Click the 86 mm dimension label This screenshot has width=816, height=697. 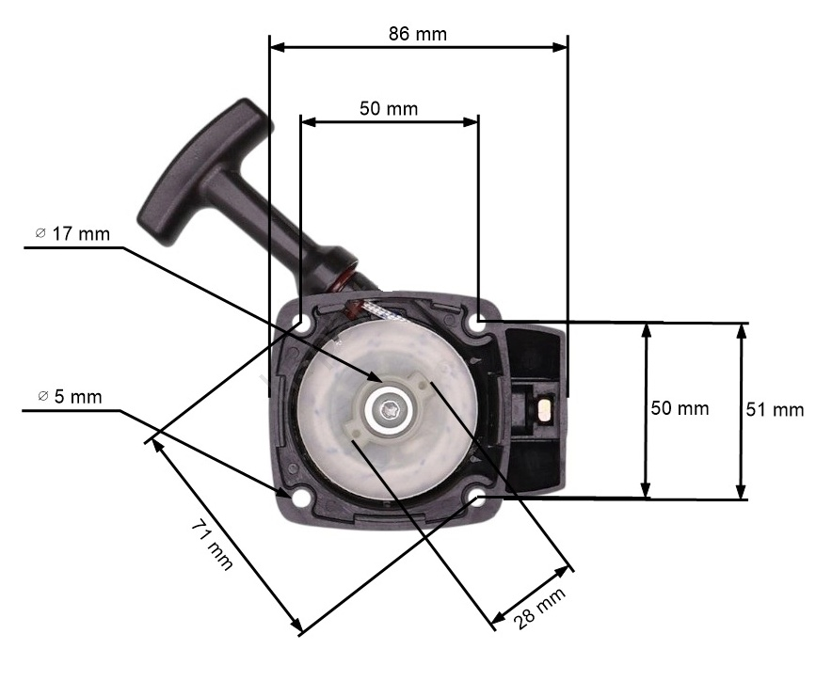point(417,34)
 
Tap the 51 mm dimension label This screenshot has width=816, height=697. point(775,410)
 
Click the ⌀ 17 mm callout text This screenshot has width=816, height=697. point(72,234)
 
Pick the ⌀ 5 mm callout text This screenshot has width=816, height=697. point(70,397)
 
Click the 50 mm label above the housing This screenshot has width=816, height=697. point(389,109)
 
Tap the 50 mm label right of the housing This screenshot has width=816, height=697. point(680,409)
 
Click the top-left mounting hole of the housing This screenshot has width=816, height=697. point(301,322)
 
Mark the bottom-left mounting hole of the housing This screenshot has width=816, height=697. point(299,499)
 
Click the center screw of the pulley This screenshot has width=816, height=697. point(388,410)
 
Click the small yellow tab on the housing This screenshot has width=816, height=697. point(545,409)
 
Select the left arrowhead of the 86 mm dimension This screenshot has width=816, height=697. point(278,47)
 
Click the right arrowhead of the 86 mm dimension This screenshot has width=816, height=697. point(560,47)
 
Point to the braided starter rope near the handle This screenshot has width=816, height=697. point(381,311)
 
